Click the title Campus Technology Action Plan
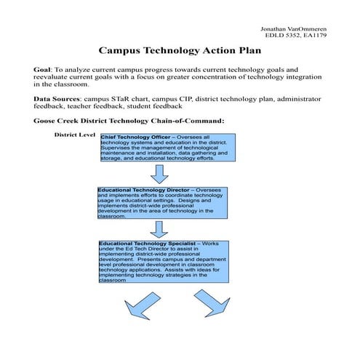[x=180, y=52]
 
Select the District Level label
[x=76, y=135]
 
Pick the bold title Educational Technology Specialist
[x=143, y=242]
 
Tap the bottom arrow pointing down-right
[x=210, y=303]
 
